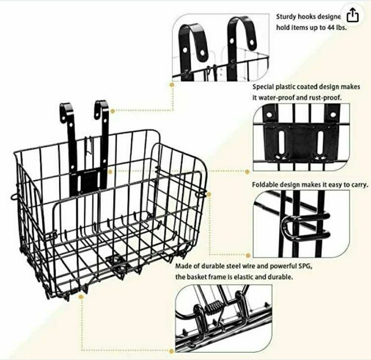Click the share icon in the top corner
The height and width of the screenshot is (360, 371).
point(351,15)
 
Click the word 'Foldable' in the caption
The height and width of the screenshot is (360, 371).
point(266,185)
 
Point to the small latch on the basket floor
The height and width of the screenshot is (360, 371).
point(114,259)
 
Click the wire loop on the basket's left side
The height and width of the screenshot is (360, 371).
point(11,196)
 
